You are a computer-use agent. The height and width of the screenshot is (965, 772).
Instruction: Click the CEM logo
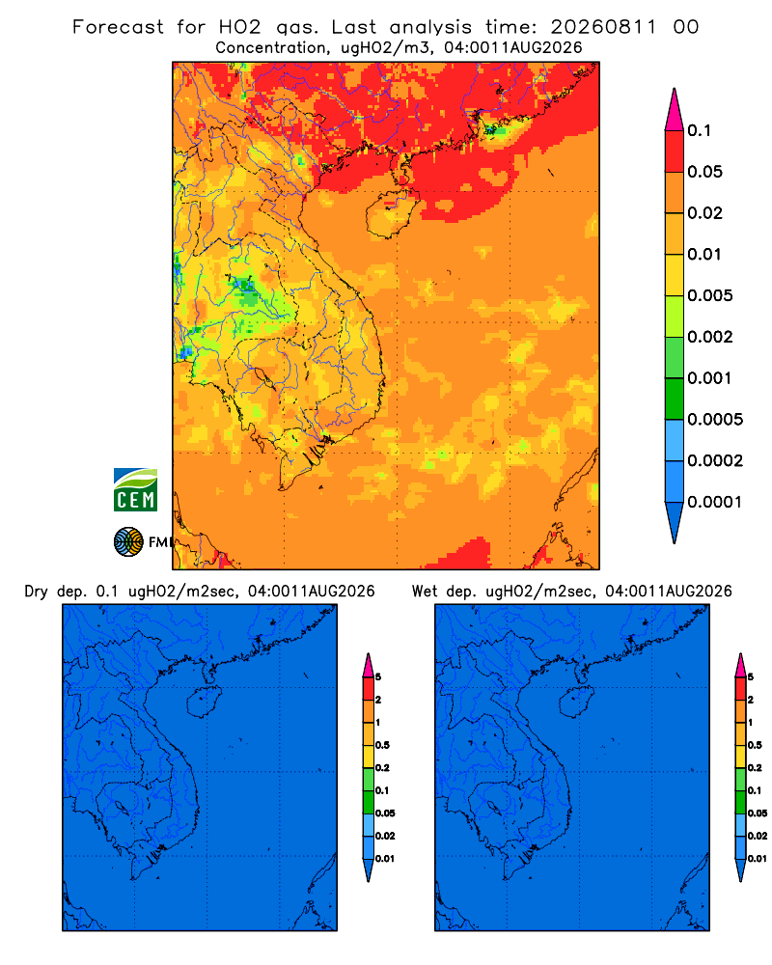[135, 490]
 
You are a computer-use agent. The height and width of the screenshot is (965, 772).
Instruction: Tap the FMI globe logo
[128, 542]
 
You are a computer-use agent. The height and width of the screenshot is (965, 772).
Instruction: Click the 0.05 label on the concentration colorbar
[704, 172]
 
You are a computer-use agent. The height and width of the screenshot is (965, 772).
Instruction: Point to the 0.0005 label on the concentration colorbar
[715, 420]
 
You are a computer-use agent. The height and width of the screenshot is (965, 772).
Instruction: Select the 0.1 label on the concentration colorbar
[700, 130]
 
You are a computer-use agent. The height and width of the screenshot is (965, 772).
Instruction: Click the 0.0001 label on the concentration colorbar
[715, 502]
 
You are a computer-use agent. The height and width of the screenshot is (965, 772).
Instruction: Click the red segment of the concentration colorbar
[675, 152]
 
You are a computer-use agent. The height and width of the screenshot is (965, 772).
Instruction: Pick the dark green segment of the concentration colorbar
[675, 399]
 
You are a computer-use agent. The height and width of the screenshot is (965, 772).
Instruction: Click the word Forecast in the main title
[118, 27]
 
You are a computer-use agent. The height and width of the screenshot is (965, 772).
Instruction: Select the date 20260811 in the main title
[603, 27]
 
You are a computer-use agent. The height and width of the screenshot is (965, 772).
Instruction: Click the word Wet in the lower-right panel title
[425, 592]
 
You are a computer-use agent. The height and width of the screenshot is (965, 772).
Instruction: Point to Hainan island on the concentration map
[390, 213]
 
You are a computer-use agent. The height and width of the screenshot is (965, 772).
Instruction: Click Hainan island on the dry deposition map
[203, 703]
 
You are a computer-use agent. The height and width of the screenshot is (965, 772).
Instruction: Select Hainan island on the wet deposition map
[576, 703]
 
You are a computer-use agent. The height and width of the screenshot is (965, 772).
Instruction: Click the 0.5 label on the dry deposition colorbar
[382, 745]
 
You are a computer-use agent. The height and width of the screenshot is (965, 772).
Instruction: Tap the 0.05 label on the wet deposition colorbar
[758, 813]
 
